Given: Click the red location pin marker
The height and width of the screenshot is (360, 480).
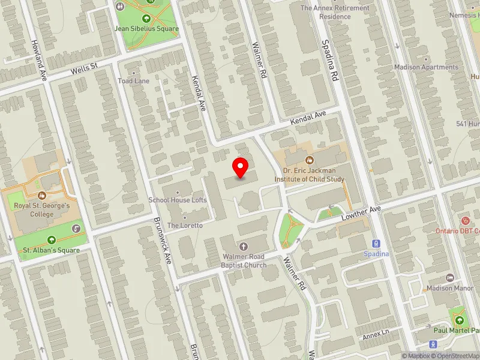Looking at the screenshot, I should click(241, 167).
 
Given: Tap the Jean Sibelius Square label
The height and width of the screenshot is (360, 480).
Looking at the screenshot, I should click(147, 28).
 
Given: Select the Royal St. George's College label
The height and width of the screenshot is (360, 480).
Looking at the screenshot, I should click(43, 210).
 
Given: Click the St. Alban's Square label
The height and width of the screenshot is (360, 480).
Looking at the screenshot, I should click(52, 250).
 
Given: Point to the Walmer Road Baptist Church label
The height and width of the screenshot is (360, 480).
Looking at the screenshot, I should click(244, 261).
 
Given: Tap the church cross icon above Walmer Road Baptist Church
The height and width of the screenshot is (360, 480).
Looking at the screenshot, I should click(244, 246).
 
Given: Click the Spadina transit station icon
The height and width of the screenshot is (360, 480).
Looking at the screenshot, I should click(376, 244).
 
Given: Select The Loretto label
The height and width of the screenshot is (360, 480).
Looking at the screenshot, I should click(185, 225).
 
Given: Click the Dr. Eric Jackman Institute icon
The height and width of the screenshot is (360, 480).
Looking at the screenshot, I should click(310, 160).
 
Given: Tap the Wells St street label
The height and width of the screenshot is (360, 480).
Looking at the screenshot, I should click(83, 69).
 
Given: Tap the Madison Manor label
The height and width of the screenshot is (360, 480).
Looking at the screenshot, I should click(451, 288).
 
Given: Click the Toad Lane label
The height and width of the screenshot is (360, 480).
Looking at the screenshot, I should click(133, 81).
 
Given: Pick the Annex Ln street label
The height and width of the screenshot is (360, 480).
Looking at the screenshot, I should click(376, 337).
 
